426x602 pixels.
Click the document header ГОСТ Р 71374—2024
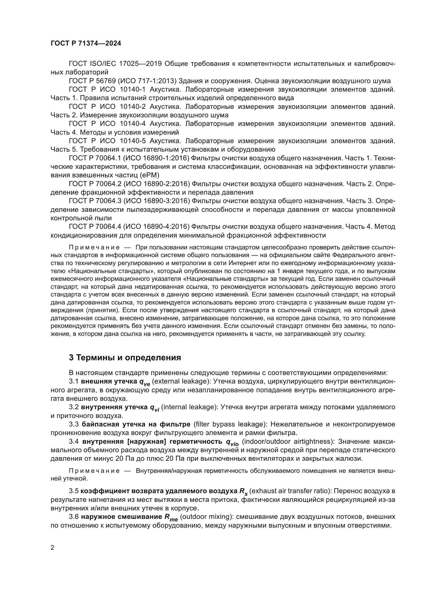pos(86,43)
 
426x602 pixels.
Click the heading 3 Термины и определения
pos(125,358)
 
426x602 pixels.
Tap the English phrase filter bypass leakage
pos(229,424)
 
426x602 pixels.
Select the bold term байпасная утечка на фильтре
pos(136,424)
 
